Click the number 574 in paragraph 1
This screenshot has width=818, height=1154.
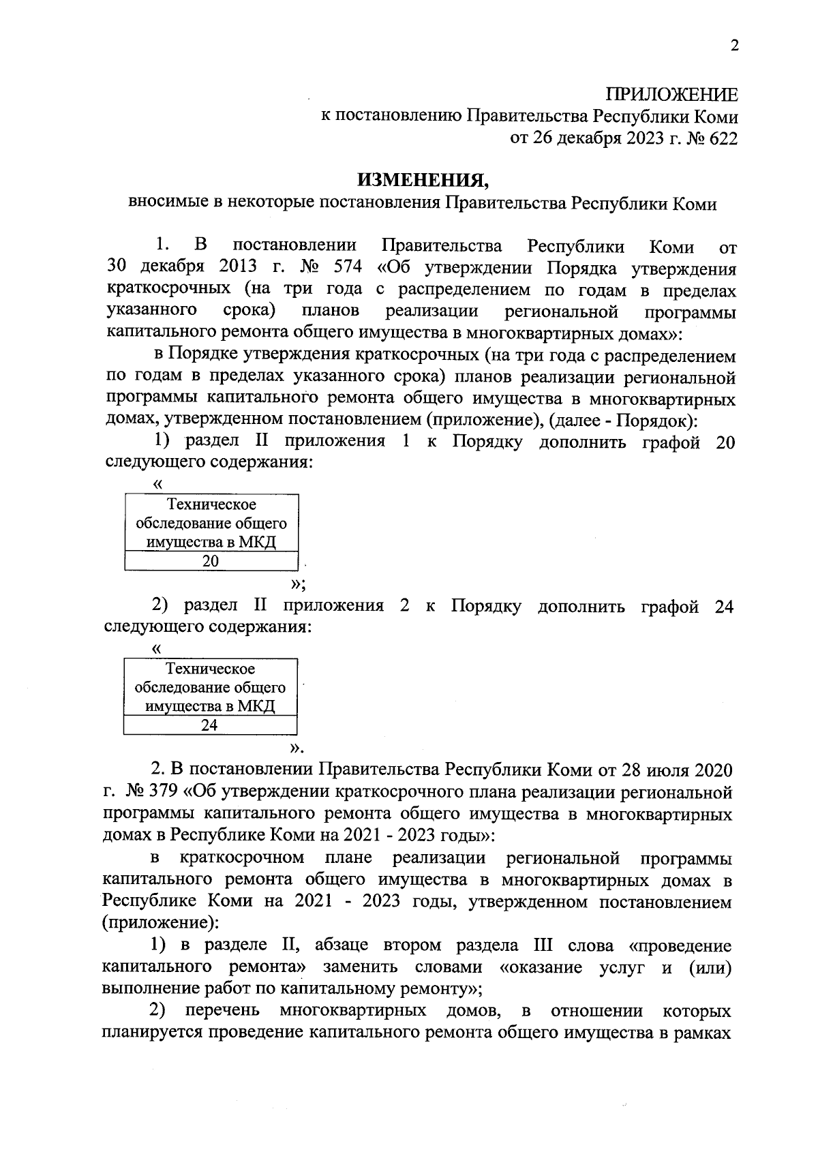(x=346, y=268)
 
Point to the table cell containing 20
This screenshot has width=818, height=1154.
(x=211, y=561)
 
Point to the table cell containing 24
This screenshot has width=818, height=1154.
(x=209, y=725)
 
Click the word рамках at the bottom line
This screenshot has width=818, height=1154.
(x=702, y=1033)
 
